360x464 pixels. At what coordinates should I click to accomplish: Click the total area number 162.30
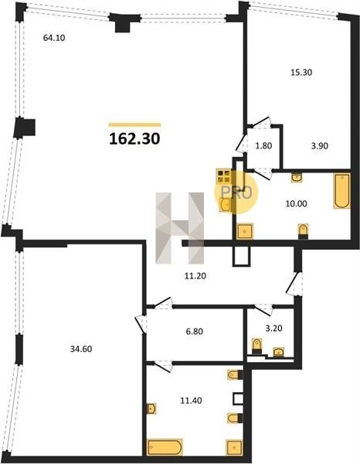(x=134, y=138)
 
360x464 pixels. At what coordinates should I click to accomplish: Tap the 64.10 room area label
(x=54, y=38)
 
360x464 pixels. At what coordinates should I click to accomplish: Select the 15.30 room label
(x=301, y=72)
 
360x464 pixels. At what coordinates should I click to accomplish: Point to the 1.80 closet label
(x=263, y=146)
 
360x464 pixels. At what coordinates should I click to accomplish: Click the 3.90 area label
(x=320, y=146)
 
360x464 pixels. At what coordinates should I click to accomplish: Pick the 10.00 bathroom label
(x=296, y=203)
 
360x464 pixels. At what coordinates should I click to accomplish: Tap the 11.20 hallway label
(x=195, y=276)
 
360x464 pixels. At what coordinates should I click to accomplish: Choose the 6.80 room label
(x=194, y=331)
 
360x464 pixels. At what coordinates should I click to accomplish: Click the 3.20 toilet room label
(x=273, y=328)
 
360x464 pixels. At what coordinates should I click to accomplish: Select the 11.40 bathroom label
(x=192, y=401)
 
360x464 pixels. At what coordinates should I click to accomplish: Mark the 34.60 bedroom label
(x=81, y=349)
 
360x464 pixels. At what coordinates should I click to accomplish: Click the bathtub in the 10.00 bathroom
(x=342, y=191)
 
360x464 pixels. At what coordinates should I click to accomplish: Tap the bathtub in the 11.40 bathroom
(x=165, y=448)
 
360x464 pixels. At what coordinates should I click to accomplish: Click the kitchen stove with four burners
(x=224, y=176)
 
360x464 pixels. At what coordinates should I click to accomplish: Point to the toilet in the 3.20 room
(x=256, y=346)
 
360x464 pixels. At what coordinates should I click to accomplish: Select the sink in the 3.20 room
(x=278, y=352)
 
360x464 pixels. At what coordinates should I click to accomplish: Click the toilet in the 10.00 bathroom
(x=303, y=231)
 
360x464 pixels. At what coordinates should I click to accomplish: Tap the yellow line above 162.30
(x=134, y=125)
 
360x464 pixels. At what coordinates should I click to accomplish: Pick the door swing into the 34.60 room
(x=141, y=322)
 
